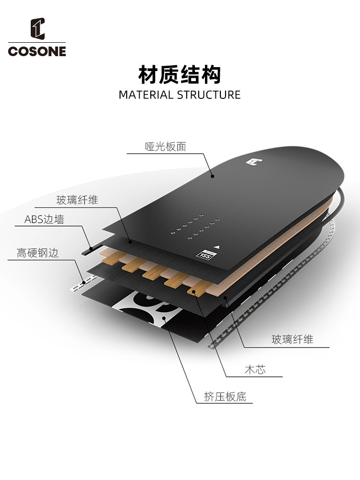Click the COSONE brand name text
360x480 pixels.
tap(37, 51)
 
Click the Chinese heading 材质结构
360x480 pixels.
tap(180, 75)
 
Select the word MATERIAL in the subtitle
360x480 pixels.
tap(146, 95)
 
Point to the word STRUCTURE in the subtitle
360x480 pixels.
tap(209, 95)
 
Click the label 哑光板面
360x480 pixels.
tap(165, 147)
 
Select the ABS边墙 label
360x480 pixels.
tap(44, 220)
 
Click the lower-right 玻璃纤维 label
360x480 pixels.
tap(292, 339)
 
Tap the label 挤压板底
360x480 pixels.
tap(225, 397)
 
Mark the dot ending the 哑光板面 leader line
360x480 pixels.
tap(212, 176)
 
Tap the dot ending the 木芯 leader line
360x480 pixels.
tap(194, 291)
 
